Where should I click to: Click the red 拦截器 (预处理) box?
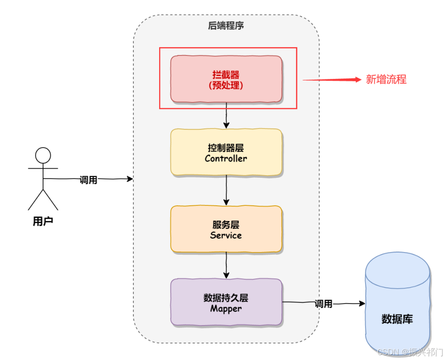coord(226,79)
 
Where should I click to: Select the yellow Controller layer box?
coord(226,152)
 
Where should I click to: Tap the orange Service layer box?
coord(226,229)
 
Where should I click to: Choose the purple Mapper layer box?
coord(226,302)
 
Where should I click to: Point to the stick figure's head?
coord(43,155)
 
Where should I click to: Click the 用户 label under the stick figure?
coord(43,221)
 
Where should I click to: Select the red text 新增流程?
coord(386,79)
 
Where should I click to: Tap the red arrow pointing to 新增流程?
coord(332,80)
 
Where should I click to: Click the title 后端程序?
coord(226,25)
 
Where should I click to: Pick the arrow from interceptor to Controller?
coord(226,115)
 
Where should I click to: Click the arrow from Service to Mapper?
coord(226,265)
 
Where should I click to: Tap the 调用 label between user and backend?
coord(88,180)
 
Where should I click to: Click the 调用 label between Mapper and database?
coord(323,304)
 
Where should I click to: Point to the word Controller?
coord(226,158)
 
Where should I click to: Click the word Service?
coord(226,235)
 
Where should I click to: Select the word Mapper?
coord(226,308)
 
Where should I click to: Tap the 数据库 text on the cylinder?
coord(397,319)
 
